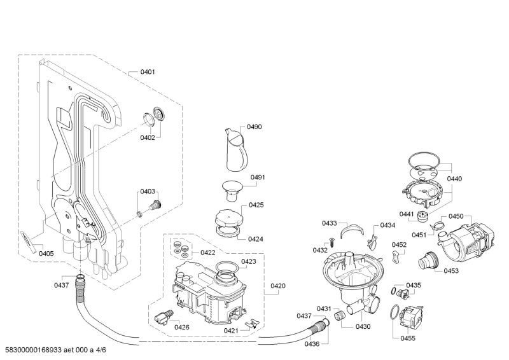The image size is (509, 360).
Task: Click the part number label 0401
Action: (148, 72)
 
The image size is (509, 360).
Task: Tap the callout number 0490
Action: (254, 127)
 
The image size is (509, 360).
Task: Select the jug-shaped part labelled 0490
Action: (236, 149)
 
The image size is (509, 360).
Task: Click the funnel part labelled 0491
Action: (232, 191)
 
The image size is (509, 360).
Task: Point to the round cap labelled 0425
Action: (228, 217)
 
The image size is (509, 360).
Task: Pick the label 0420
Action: (278, 286)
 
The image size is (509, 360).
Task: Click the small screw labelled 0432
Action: (332, 242)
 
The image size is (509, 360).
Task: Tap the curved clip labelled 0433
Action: (352, 230)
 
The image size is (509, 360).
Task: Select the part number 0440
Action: (454, 179)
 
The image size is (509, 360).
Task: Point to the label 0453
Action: (451, 271)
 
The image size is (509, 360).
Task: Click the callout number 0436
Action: (312, 343)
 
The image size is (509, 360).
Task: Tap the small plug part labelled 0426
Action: (164, 317)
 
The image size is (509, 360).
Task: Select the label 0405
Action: (46, 254)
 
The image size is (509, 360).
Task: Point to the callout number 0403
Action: (148, 191)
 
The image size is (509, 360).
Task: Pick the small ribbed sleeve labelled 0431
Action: (339, 315)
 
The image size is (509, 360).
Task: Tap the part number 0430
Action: (363, 326)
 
